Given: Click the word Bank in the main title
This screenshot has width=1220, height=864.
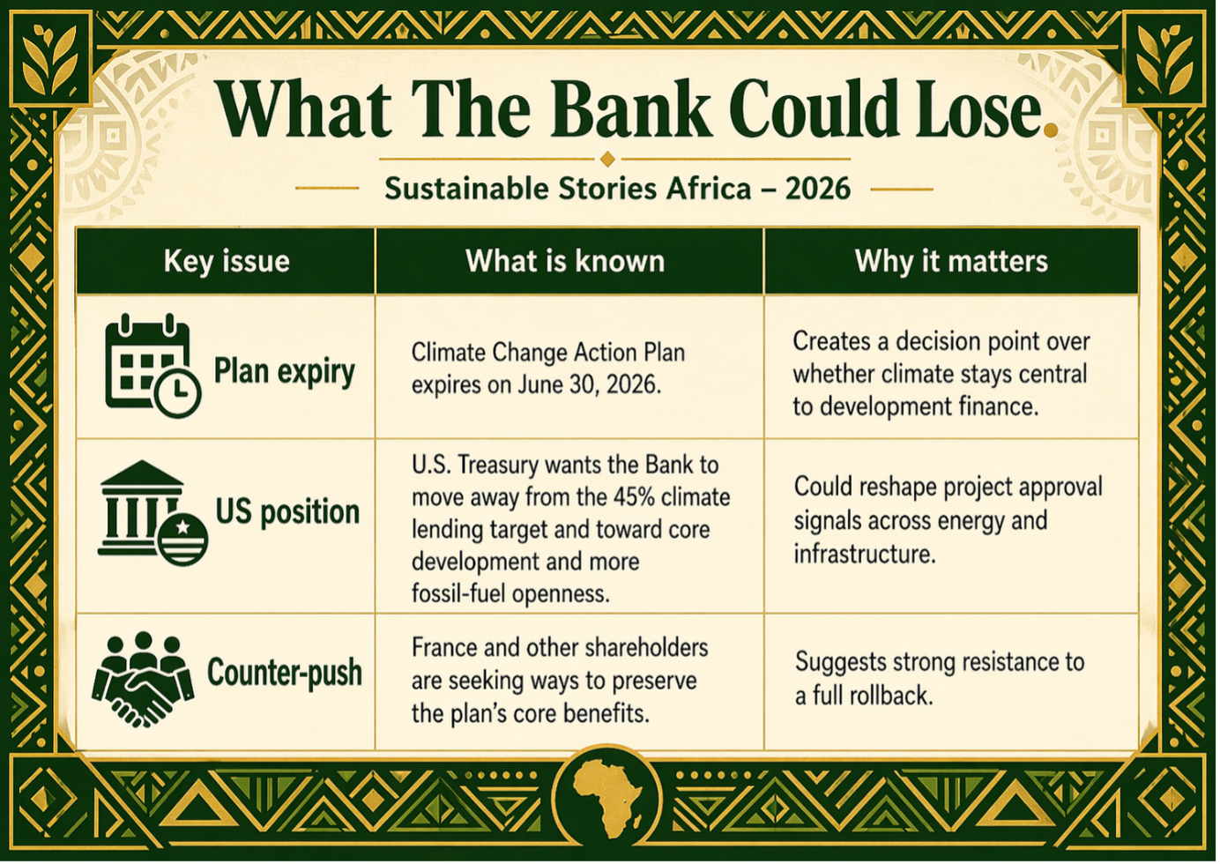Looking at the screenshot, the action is click(x=630, y=108).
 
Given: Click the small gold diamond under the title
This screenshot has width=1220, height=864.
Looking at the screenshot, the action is click(x=607, y=159).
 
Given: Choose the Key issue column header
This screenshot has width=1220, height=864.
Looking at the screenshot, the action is click(x=226, y=261).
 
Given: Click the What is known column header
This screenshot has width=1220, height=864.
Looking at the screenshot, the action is click(x=565, y=261).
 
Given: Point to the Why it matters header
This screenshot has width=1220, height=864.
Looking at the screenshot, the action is click(x=951, y=261).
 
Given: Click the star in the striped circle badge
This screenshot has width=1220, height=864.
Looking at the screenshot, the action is click(x=183, y=527).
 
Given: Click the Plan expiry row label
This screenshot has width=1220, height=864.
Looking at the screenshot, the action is click(x=284, y=372).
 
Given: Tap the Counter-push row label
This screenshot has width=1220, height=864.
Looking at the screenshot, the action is click(x=285, y=673).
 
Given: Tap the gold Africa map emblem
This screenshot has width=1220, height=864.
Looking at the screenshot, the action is click(x=607, y=799).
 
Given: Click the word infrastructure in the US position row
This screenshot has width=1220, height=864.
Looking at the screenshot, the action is click(x=865, y=554).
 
